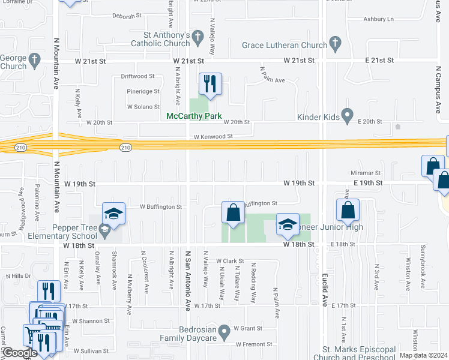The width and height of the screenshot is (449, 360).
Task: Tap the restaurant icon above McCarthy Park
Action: [210, 84]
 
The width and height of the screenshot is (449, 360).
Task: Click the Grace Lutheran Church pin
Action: [335, 44]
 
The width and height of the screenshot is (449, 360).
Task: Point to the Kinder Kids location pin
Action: [346, 115]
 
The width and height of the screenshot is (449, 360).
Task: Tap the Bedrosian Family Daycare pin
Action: [224, 331]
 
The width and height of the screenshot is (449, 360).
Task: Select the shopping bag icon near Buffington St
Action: [232, 212]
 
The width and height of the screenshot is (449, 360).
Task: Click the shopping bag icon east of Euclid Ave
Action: [348, 210]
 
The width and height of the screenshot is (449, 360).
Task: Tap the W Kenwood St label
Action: [213, 137]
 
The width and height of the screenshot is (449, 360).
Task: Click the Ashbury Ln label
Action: [378, 19]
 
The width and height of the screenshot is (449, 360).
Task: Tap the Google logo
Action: [20, 353]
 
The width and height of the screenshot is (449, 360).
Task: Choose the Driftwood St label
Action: [137, 76]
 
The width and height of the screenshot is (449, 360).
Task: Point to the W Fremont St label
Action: [254, 344]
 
